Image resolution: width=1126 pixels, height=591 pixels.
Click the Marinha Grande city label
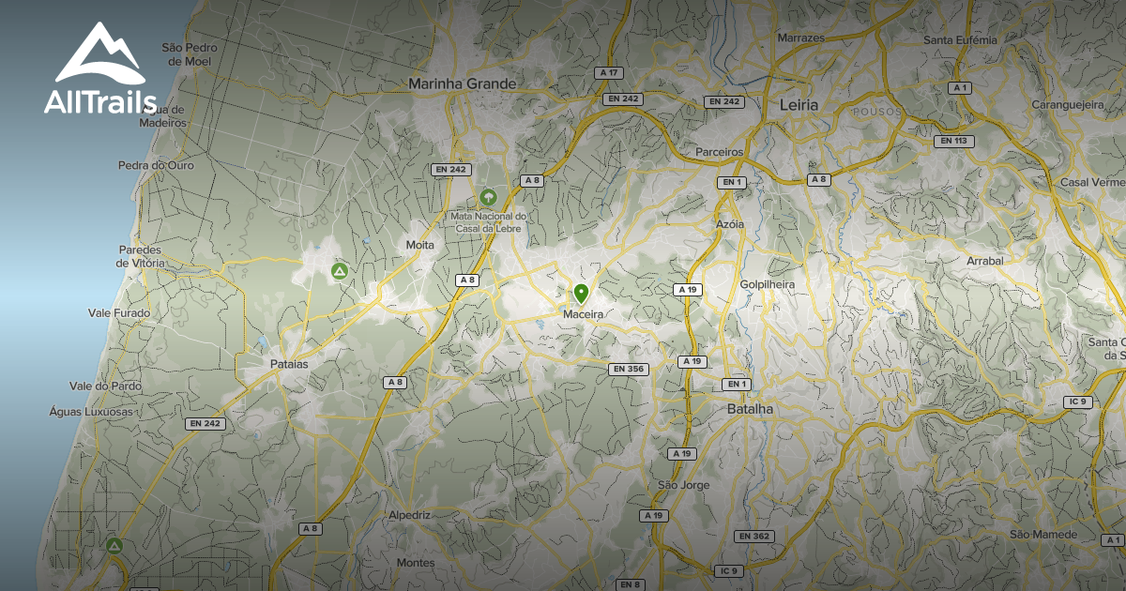click(462, 83)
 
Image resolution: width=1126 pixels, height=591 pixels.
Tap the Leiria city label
click(799, 104)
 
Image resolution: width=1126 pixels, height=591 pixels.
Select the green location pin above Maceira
click(582, 294)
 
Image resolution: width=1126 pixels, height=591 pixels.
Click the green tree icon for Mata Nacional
click(488, 197)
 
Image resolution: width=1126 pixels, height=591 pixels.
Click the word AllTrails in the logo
click(99, 102)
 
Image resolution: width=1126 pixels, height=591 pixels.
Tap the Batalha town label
click(751, 409)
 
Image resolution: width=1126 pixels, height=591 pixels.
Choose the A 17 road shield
click(610, 73)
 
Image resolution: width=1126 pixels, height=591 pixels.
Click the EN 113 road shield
click(953, 141)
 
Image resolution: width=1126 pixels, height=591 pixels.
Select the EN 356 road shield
click(629, 369)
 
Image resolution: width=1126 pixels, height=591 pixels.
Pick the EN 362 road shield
click(754, 536)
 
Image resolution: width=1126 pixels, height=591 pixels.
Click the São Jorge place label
click(683, 485)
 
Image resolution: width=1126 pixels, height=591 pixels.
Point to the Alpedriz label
click(409, 515)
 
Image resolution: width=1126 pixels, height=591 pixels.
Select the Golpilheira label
click(767, 284)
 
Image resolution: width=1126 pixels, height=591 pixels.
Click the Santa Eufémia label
click(960, 40)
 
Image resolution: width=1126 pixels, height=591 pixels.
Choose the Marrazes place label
click(800, 38)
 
